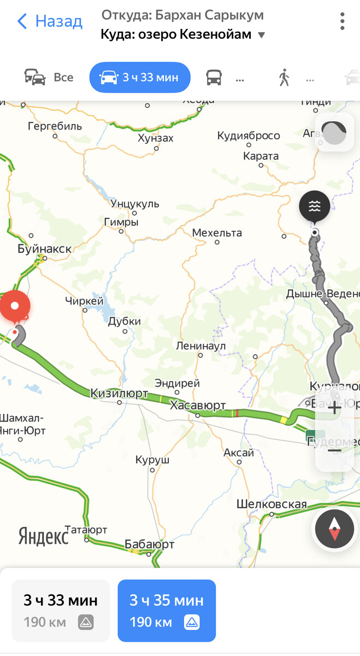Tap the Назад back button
pyautogui.click(x=50, y=22)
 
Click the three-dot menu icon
pyautogui.click(x=343, y=21)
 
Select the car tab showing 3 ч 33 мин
pyautogui.click(x=140, y=78)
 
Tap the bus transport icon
pyautogui.click(x=214, y=78)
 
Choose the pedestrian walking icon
pyautogui.click(x=284, y=78)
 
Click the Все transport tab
pyautogui.click(x=49, y=78)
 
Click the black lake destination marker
pyautogui.click(x=314, y=207)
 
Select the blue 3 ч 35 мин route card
pyautogui.click(x=167, y=610)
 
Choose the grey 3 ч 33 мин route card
pyautogui.click(x=61, y=610)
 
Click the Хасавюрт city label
pyautogui.click(x=198, y=406)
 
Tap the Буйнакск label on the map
pyautogui.click(x=44, y=249)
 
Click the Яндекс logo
pyautogui.click(x=44, y=536)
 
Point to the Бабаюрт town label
pyautogui.click(x=149, y=544)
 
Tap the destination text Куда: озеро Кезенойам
pyautogui.click(x=176, y=34)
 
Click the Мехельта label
pyautogui.click(x=217, y=233)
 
